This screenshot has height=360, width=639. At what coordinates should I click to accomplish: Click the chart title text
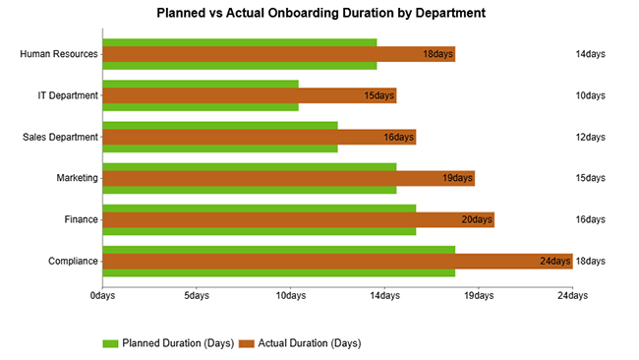pos(320,14)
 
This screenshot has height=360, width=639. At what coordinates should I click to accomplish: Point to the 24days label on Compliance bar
pos(554,261)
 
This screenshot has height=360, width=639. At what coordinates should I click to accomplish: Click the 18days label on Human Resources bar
pos(437,54)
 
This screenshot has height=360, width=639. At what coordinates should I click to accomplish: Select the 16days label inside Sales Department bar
pos(398,137)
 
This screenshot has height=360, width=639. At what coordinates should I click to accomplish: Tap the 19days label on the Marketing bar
pos(457,178)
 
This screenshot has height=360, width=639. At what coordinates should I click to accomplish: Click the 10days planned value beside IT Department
pos(590,95)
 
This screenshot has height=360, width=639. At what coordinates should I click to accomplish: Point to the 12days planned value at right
pos(590,137)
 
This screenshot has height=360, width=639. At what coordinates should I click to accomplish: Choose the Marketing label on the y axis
pos(78,178)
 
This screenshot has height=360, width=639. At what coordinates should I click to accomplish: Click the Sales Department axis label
pos(60,137)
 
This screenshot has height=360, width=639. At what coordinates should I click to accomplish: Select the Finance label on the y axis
pos(82,219)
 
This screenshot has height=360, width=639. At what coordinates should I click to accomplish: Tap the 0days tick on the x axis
pos(102,294)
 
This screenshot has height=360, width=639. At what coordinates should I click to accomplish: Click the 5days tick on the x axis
pos(196,294)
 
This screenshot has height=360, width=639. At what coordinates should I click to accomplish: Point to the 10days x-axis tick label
pos(290,294)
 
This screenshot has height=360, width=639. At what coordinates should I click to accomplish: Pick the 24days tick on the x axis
pos(572,294)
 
